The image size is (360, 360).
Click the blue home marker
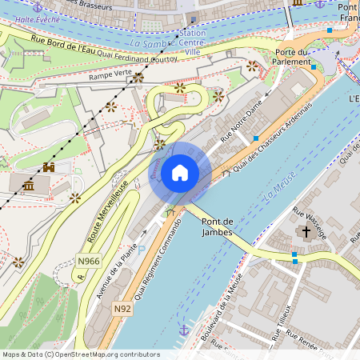(x=180, y=173)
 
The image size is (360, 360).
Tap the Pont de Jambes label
(x=218, y=226)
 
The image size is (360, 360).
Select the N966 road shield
(x=89, y=261)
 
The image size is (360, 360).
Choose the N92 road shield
(x=122, y=308)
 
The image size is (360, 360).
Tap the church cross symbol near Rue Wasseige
(x=305, y=232)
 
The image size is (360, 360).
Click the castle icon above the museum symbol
(x=49, y=168)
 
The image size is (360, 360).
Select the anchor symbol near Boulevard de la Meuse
(x=184, y=329)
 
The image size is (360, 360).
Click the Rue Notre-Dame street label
(x=242, y=126)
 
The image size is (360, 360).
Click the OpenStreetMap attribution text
(x=80, y=354)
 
